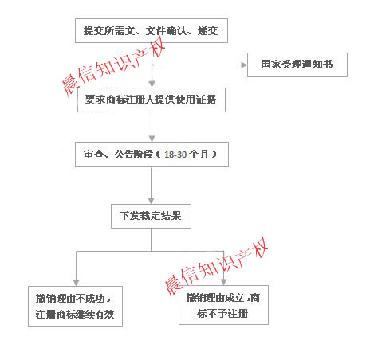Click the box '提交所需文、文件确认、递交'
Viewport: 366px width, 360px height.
[x=152, y=30]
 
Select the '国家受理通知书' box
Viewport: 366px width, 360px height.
[x=297, y=65]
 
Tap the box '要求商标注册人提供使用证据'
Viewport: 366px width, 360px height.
[x=152, y=100]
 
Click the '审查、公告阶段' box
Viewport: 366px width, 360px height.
[x=152, y=155]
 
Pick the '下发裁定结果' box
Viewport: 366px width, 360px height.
[x=151, y=216]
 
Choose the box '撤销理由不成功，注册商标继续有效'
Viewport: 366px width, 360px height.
[x=75, y=306]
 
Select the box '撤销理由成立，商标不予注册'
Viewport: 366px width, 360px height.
[x=223, y=305]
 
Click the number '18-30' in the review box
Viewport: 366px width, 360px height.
[x=175, y=155]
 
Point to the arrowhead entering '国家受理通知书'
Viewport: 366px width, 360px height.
[x=244, y=65]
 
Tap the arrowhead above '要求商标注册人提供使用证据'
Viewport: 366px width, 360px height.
[x=152, y=84]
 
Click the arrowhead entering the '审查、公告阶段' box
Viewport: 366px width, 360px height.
[x=152, y=139]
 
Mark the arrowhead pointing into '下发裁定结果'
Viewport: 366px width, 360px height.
[x=151, y=201]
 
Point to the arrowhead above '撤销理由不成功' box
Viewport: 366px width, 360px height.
[x=77, y=283]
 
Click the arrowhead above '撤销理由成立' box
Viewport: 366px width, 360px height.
[x=224, y=282]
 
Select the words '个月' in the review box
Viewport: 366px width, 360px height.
[x=199, y=155]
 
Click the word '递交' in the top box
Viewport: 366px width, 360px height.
[x=207, y=31]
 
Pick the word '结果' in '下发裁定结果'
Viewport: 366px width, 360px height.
[x=171, y=216]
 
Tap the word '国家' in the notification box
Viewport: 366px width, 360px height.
[x=271, y=65]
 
